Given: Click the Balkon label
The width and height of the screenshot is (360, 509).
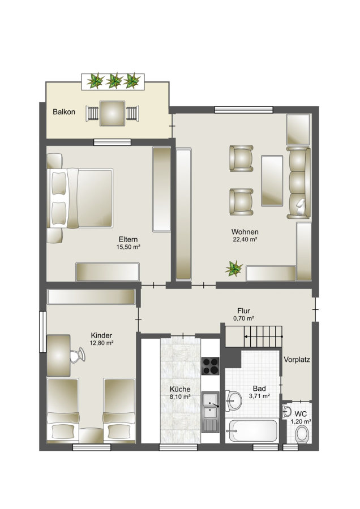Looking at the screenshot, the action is pos(64,112).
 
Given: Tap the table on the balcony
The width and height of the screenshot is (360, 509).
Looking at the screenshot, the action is pos(112,113).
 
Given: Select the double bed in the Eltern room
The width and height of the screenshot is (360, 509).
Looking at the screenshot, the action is pos(80,198).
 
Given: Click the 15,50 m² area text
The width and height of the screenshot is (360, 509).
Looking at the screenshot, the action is pos(128,247).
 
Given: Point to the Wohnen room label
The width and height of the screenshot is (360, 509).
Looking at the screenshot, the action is pos(245,232).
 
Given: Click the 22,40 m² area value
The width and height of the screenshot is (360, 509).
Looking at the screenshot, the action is pos(245,240).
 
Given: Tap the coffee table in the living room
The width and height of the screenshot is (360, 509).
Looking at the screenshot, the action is pos(272,180).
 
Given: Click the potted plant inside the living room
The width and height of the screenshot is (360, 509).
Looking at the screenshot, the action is pos(234,269).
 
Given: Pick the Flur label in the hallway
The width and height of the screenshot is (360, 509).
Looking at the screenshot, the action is pos(244,310).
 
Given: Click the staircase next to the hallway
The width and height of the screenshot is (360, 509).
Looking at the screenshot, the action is pos(254,337).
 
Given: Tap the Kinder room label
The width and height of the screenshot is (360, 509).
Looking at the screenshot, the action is pos(101,335).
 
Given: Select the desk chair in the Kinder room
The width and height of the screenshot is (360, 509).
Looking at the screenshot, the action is pos(78,355).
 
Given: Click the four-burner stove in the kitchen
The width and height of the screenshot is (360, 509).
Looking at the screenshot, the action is pos(211,366).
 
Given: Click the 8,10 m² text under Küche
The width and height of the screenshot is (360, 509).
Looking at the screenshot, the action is pos(180,396).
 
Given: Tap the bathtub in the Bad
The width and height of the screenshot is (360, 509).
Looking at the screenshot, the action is pos(252,431).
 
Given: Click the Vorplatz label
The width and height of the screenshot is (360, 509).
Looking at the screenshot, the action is pos(297,360).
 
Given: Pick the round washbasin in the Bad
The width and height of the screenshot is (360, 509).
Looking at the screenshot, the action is pos(234,400).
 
